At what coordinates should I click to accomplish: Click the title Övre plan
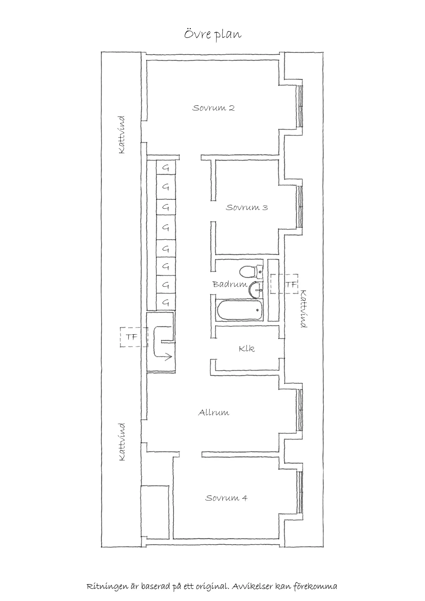(x=212, y=35)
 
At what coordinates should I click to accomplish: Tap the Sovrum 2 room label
(x=213, y=108)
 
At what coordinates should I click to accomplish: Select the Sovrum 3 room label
(x=247, y=208)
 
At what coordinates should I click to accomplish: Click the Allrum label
(x=214, y=413)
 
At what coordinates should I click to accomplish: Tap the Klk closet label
(x=246, y=348)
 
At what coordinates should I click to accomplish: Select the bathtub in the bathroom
(x=239, y=310)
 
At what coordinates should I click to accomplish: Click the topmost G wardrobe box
(x=166, y=167)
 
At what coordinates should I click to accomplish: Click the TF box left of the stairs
(x=131, y=337)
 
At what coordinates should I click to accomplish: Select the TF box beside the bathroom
(x=291, y=284)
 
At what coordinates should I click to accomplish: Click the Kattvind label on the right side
(x=304, y=309)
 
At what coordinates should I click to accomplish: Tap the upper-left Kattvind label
(x=122, y=135)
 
